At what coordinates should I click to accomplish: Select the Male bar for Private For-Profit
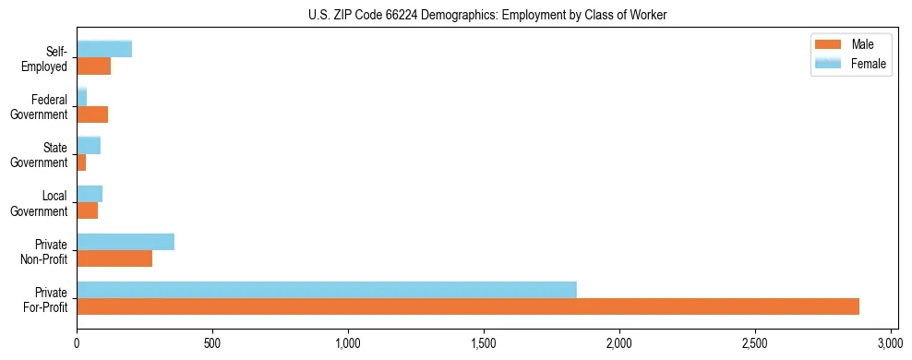click(468, 306)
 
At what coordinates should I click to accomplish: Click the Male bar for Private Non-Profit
click(114, 258)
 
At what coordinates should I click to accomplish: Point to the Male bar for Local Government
click(88, 210)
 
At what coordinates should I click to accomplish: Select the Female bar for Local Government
click(90, 194)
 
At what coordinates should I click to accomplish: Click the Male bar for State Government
click(81, 162)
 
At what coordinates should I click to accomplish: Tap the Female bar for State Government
click(89, 146)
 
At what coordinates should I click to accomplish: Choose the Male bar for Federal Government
click(92, 114)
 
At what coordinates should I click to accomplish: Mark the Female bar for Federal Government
click(82, 98)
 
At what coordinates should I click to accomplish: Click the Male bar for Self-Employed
click(94, 66)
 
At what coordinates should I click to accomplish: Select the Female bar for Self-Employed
click(104, 50)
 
